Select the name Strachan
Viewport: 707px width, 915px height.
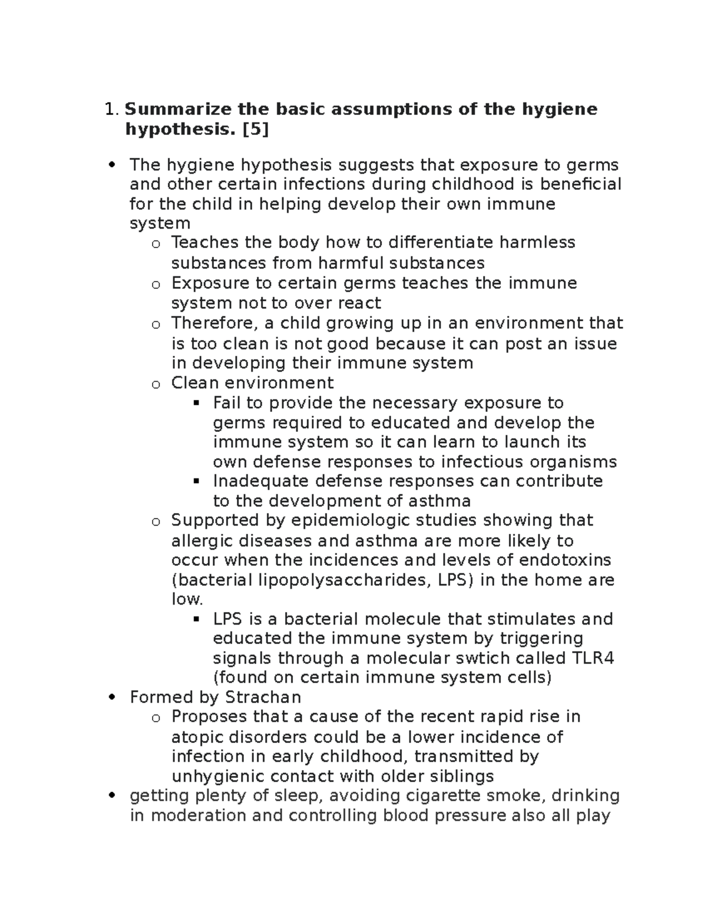[x=263, y=698]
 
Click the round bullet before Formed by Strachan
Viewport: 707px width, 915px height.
[x=113, y=698]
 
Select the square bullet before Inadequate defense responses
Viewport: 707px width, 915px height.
[x=197, y=481]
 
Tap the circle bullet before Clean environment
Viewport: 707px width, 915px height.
[x=156, y=384]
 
